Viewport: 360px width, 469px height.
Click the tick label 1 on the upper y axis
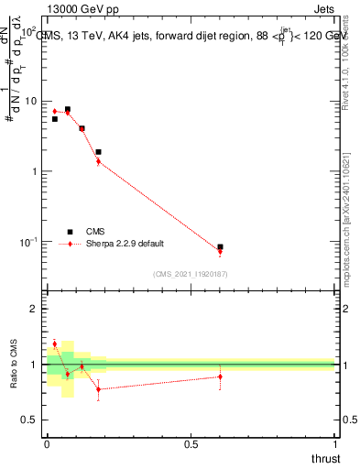tap(38, 171)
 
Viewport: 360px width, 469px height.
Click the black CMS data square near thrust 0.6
tap(220, 247)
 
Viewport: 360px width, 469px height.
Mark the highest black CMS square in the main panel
tap(67, 109)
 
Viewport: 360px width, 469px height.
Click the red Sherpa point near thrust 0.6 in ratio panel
tap(220, 376)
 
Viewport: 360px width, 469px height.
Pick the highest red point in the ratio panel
tap(54, 344)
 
